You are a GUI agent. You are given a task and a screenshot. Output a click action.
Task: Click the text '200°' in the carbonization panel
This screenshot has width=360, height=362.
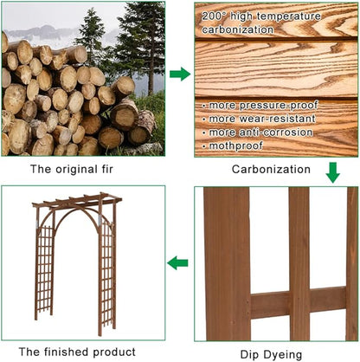coord(215,16)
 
